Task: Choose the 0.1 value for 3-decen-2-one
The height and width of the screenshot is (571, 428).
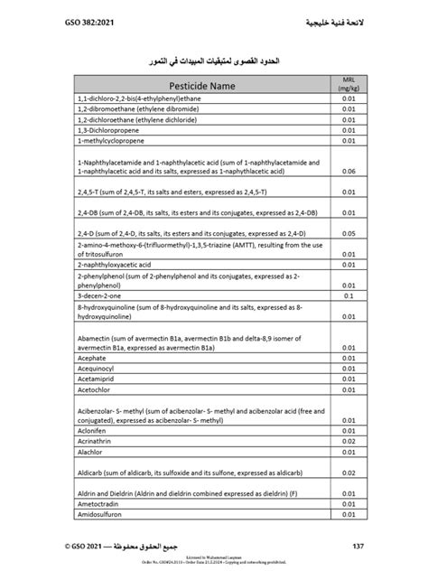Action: pyautogui.click(x=346, y=295)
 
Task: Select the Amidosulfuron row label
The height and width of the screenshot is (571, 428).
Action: pyautogui.click(x=103, y=516)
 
